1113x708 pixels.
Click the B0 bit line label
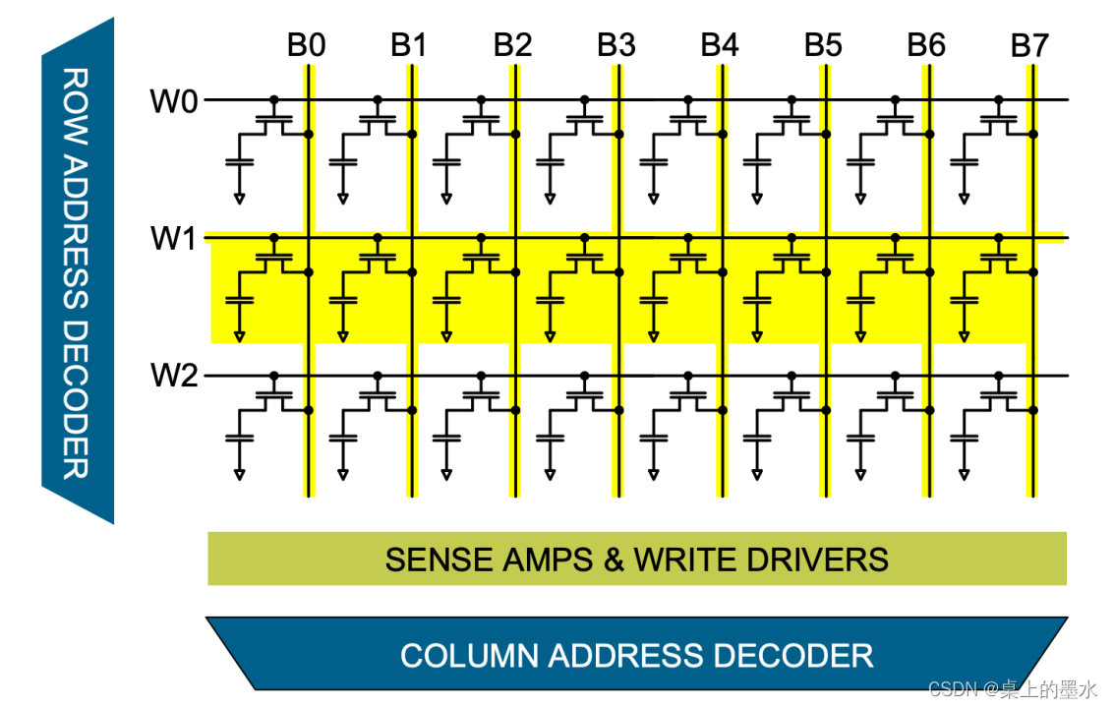click(x=306, y=45)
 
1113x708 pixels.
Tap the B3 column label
click(x=616, y=45)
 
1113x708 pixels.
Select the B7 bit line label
click(x=1029, y=45)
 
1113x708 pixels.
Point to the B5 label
click(x=823, y=45)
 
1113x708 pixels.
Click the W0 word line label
click(x=174, y=100)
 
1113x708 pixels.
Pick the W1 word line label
click(x=174, y=238)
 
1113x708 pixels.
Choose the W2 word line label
click(x=174, y=376)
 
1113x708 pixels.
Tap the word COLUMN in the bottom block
click(x=469, y=655)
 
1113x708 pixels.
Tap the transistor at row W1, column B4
click(x=688, y=257)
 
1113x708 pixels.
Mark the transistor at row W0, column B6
click(x=895, y=119)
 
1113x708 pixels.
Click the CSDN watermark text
click(x=1012, y=690)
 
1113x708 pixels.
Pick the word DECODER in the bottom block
click(x=794, y=655)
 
